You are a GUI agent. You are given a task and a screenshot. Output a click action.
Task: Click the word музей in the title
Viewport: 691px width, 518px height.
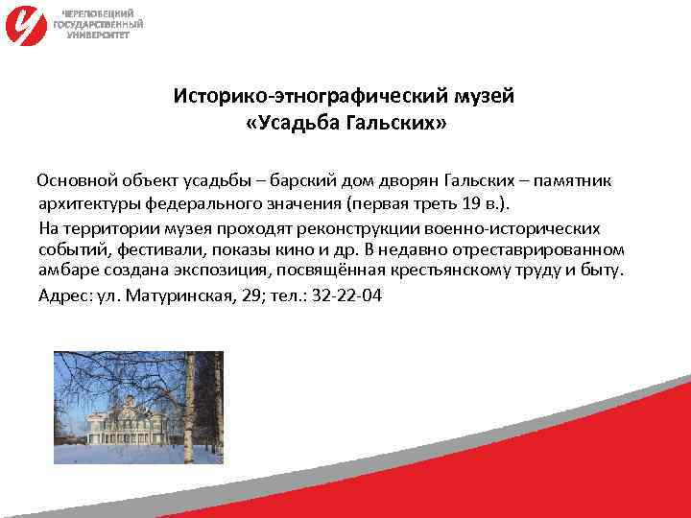488,96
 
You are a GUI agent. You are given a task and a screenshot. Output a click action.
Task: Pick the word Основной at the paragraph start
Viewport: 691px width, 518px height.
77,180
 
